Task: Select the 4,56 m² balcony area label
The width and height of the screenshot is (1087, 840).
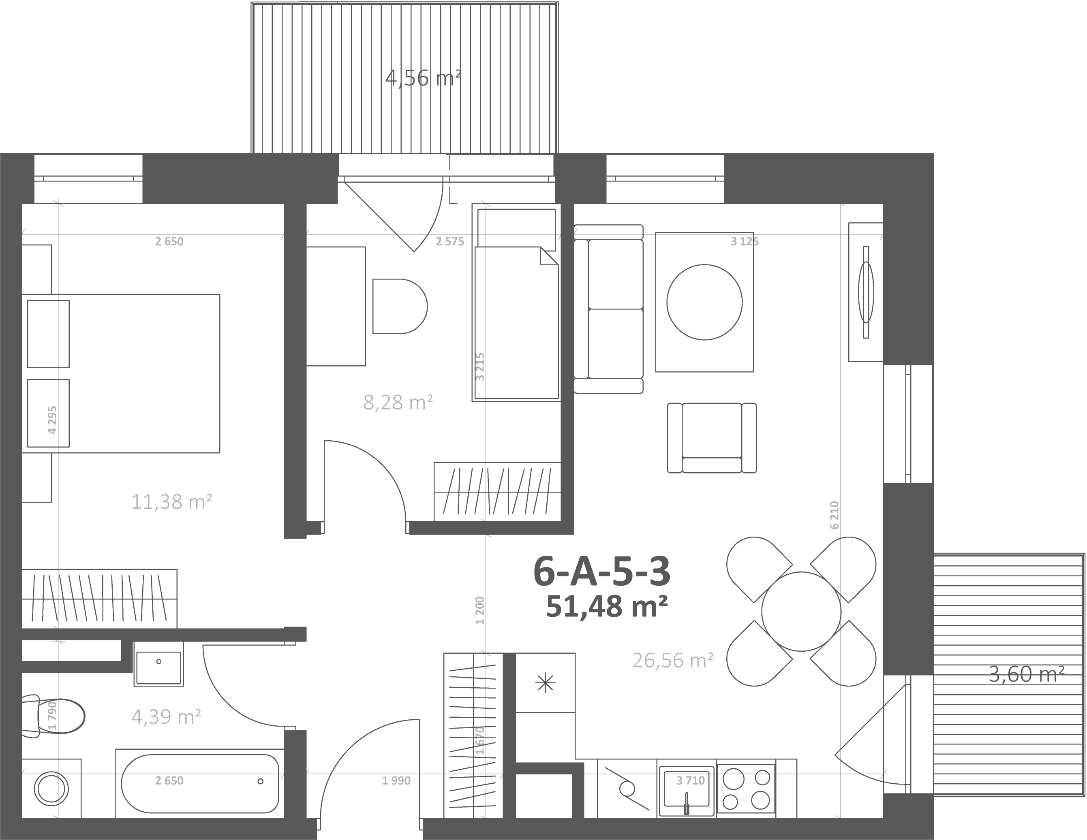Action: tap(423, 78)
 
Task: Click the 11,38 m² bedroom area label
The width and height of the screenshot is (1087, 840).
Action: tap(172, 502)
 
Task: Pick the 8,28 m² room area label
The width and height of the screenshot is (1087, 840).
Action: tap(398, 402)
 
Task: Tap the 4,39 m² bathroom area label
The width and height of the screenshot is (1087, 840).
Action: tap(166, 716)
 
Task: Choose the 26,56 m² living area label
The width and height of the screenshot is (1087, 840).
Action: tap(673, 661)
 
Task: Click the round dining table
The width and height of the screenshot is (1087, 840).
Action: tap(801, 611)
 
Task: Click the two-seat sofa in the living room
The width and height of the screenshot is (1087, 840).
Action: tap(608, 309)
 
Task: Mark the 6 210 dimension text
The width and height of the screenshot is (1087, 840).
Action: tap(835, 515)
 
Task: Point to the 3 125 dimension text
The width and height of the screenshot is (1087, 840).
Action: tap(745, 242)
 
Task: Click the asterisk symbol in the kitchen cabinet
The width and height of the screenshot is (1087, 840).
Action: tap(545, 683)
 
